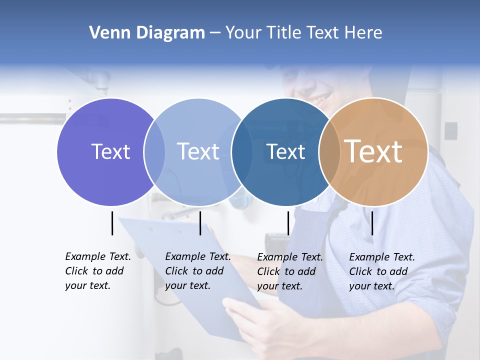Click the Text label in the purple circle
pos(110,151)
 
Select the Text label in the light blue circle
pos(198,151)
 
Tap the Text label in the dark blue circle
pos(285,151)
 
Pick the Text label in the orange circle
pos(373,151)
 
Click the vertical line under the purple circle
pos(112,223)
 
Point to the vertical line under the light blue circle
pos(200,223)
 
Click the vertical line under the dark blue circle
pos(288,223)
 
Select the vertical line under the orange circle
pos(372,223)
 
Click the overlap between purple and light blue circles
pos(154,152)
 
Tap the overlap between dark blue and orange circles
pos(329,152)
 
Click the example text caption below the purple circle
pos(97,271)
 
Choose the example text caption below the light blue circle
pos(197,271)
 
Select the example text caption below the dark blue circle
pos(289,271)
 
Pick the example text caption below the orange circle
pos(381,271)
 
